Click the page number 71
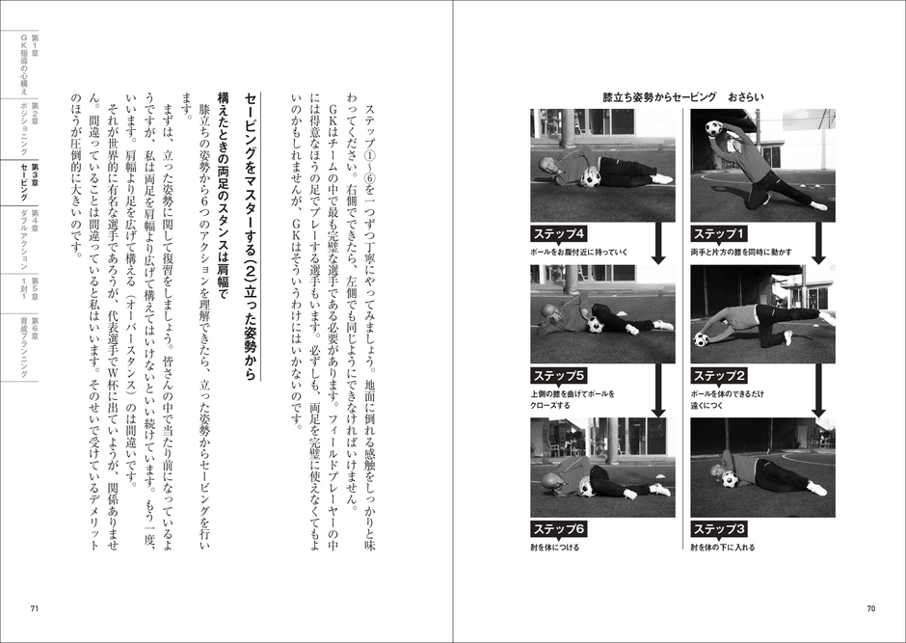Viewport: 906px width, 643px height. pyautogui.click(x=34, y=607)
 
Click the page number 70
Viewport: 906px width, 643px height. pyautogui.click(x=870, y=607)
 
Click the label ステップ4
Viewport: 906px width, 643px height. pyautogui.click(x=559, y=233)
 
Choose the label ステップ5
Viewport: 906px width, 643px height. pyautogui.click(x=559, y=375)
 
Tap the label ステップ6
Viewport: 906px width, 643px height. pyautogui.click(x=559, y=528)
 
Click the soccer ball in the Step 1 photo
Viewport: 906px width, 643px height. pyautogui.click(x=713, y=127)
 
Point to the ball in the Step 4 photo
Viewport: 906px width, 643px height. pyautogui.click(x=591, y=178)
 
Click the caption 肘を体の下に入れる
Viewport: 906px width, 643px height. pyautogui.click(x=723, y=547)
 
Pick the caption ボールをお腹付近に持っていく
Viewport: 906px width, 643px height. pyautogui.click(x=579, y=252)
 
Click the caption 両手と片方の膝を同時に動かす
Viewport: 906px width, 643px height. pyautogui.click(x=741, y=252)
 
